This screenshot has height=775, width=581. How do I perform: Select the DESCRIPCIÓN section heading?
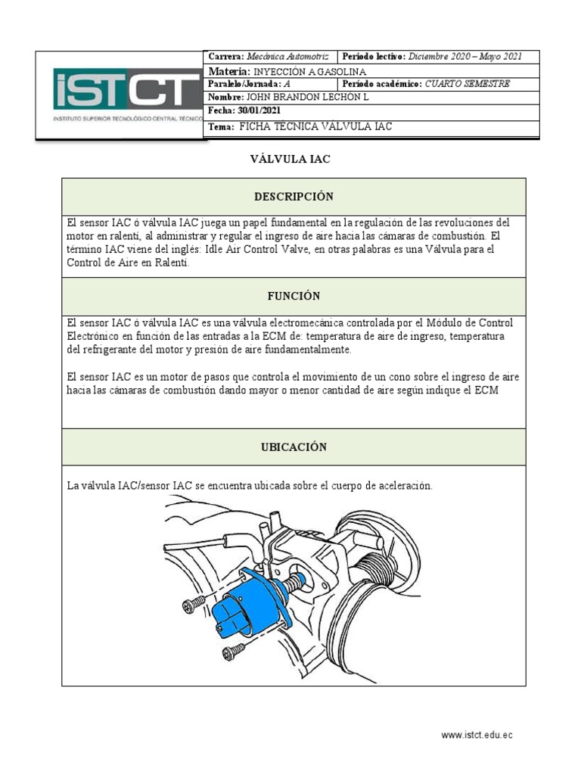point(294,197)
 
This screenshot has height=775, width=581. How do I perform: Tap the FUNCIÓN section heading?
point(294,296)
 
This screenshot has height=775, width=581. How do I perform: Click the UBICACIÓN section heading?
point(294,447)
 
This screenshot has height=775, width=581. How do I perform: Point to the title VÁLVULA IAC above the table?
point(290,159)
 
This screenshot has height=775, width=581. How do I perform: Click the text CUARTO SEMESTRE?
point(468,84)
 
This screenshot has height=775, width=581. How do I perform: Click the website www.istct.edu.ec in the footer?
point(477,735)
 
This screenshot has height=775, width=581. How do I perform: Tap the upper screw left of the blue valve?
point(194,603)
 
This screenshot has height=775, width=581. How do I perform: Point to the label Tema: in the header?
point(222,126)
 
